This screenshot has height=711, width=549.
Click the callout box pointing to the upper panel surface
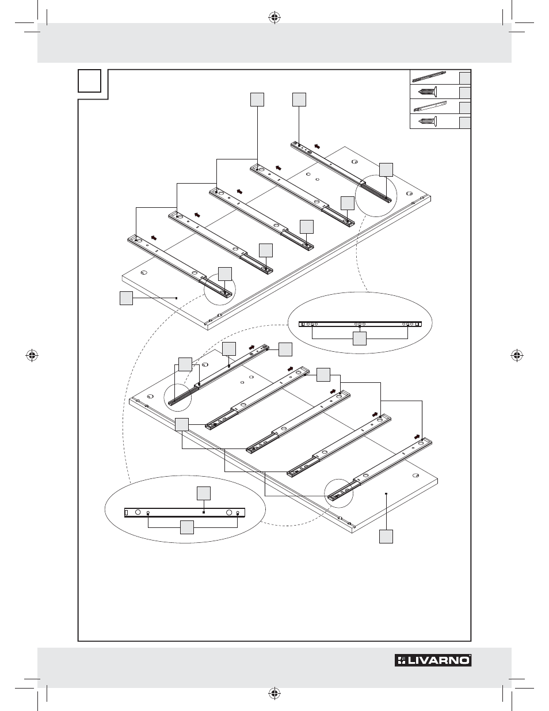pos(127,298)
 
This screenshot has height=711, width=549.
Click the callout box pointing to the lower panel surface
pos(386,537)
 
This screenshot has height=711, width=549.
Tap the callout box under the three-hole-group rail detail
pos(359,339)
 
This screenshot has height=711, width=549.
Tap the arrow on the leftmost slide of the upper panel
pos(153,237)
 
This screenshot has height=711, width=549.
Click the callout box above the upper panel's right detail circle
pos(386,169)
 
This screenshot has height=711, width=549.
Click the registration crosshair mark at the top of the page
pos(274,17)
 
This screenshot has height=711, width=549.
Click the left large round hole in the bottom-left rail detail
pos(138,512)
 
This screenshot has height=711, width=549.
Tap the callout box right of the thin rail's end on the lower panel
pos(285,348)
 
